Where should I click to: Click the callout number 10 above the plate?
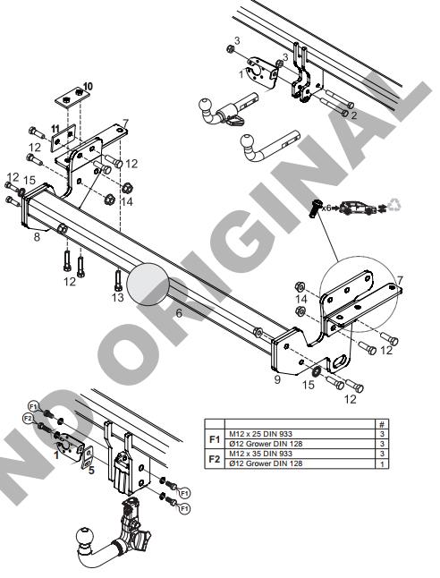[88, 87]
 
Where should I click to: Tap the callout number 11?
[55, 129]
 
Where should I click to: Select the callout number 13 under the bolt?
[118, 297]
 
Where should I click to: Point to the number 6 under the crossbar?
[179, 313]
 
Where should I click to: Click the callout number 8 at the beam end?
[37, 236]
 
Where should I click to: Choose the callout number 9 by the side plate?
[277, 379]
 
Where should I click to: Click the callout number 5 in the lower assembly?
[91, 471]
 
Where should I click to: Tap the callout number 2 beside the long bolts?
[354, 115]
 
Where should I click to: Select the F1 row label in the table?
[215, 439]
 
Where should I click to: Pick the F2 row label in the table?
[215, 459]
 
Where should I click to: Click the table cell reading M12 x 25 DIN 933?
[260, 434]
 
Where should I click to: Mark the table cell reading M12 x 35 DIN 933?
[260, 454]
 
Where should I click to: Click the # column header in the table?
[382, 424]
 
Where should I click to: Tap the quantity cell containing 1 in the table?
[382, 463]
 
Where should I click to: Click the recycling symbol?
[394, 205]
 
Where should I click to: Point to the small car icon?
[359, 208]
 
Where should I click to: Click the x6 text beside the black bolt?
[326, 208]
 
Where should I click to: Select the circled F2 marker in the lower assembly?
[28, 418]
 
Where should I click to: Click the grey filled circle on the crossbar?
[148, 285]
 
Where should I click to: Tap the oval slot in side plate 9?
[341, 361]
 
